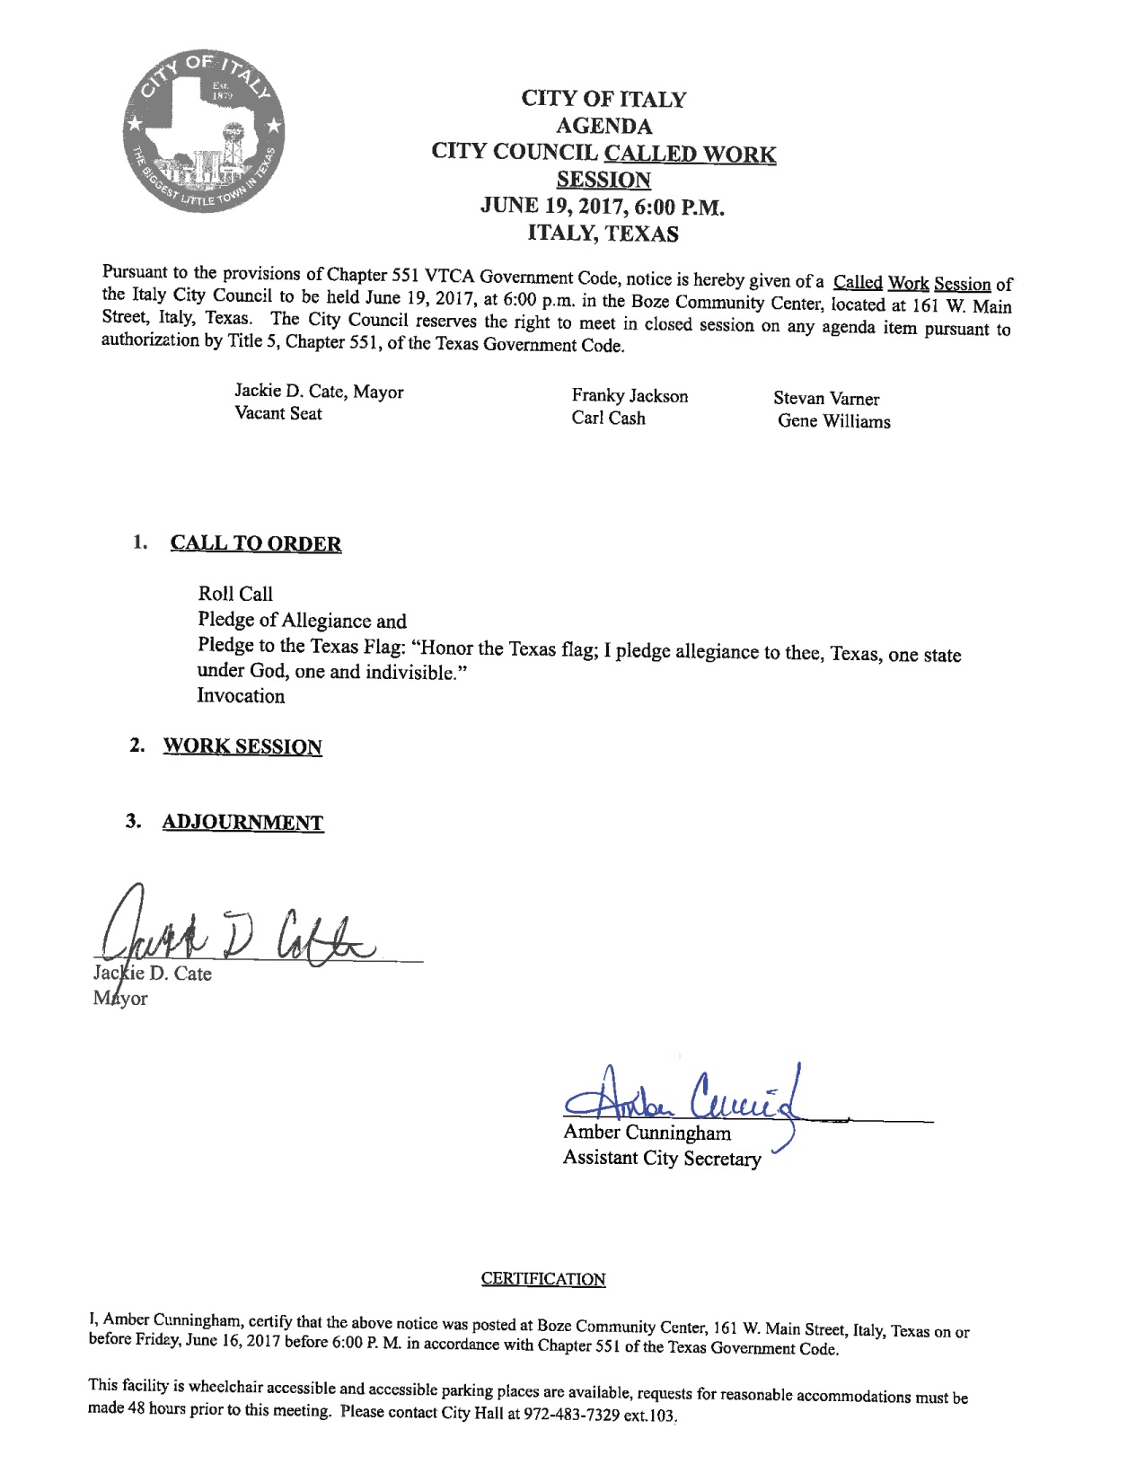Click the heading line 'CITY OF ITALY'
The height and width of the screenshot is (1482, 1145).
(603, 99)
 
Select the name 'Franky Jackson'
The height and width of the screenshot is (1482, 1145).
(630, 396)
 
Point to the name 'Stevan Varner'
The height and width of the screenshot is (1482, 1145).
(826, 399)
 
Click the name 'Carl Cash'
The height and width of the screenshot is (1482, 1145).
(608, 419)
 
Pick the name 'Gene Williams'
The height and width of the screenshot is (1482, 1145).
(834, 421)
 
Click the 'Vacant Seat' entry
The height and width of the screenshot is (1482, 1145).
(277, 414)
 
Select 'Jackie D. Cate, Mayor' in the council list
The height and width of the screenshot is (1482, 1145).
(319, 392)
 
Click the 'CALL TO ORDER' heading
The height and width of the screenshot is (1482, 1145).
(256, 544)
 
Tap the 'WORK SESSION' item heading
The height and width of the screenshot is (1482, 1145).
(242, 747)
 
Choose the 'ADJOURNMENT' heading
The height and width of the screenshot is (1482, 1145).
(242, 823)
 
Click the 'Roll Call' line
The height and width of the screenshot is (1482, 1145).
(235, 594)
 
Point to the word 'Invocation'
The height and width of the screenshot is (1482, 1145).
(241, 696)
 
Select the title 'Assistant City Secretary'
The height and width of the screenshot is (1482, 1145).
(661, 1159)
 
